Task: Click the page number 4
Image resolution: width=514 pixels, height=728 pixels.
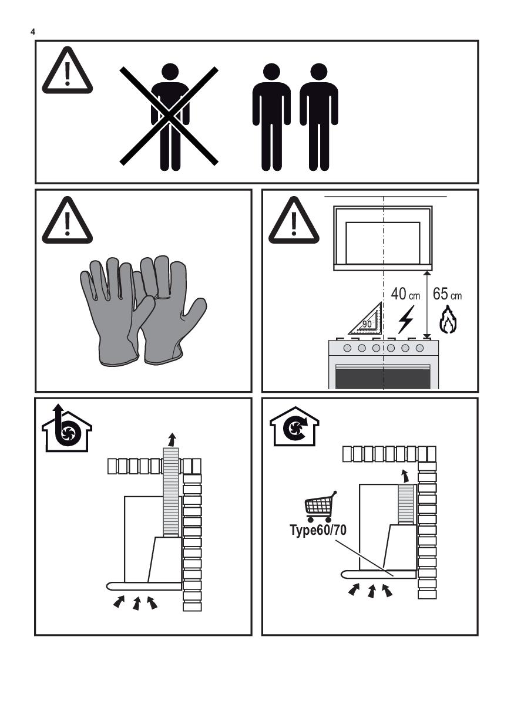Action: coord(33,32)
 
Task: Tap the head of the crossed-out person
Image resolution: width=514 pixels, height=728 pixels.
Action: coord(170,72)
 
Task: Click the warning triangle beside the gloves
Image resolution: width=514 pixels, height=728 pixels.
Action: coord(68,220)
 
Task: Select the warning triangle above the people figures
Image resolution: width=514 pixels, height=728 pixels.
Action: coord(68,70)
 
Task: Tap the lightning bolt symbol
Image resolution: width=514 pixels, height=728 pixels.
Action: coord(406,319)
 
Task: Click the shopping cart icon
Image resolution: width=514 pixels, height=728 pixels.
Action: coord(321,506)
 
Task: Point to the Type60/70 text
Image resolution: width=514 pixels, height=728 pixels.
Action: coord(318,530)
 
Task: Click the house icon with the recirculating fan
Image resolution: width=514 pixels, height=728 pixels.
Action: coord(294,426)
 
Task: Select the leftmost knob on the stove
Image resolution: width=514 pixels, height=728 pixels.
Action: coord(347,348)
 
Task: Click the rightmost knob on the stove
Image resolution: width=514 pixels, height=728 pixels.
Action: coord(420,348)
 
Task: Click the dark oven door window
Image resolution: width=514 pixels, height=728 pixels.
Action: coord(383,379)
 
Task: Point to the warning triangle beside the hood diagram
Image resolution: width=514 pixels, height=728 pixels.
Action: coord(294,220)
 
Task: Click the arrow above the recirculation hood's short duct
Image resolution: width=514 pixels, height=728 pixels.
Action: coord(404,476)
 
